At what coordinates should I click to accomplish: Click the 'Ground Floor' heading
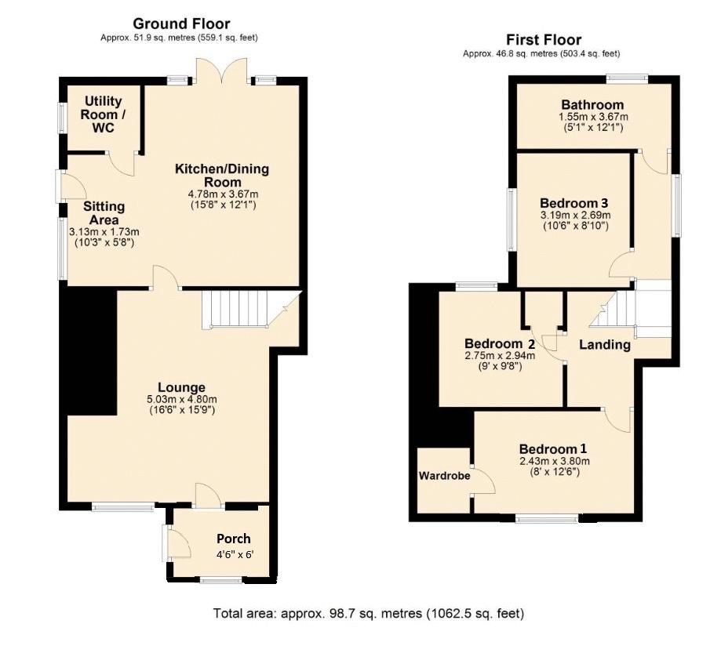(x=181, y=24)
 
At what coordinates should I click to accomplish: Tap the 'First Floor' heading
(x=544, y=39)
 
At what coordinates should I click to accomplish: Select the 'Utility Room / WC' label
(x=103, y=114)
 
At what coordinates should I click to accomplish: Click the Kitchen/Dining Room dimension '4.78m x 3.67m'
(x=224, y=194)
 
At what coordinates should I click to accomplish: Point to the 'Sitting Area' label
(x=104, y=213)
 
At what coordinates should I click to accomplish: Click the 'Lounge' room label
(x=182, y=387)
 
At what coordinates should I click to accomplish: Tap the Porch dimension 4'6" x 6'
(x=235, y=555)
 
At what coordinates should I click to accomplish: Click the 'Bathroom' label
(x=592, y=105)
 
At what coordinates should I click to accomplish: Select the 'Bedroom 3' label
(x=574, y=203)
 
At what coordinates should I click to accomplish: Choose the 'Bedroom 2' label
(x=500, y=343)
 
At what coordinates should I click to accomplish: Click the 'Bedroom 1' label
(x=552, y=449)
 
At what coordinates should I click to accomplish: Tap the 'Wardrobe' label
(x=444, y=476)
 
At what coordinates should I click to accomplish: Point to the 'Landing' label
(x=604, y=345)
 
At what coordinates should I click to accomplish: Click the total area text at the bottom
(x=368, y=614)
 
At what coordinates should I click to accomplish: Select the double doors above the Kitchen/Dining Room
(x=221, y=71)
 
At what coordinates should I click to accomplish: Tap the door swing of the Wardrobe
(x=482, y=481)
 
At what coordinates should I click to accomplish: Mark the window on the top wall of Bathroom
(x=627, y=79)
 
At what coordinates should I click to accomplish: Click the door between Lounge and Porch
(x=209, y=496)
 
